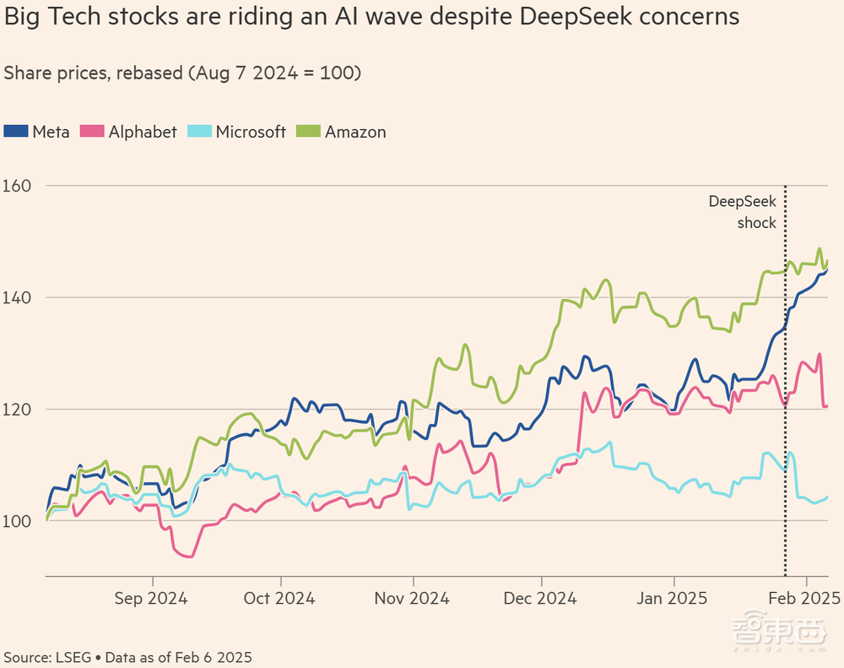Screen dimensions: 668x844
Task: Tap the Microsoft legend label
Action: (x=251, y=132)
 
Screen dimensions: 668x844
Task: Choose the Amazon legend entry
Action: (x=355, y=132)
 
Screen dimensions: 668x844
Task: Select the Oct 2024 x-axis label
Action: (x=280, y=598)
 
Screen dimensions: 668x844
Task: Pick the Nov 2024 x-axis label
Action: (x=413, y=598)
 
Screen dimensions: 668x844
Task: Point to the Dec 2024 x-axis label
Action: (x=541, y=598)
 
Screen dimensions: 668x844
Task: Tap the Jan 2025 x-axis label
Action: (x=674, y=598)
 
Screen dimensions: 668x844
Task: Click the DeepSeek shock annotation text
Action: (x=742, y=212)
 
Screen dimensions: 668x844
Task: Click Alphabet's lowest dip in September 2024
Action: (x=189, y=557)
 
